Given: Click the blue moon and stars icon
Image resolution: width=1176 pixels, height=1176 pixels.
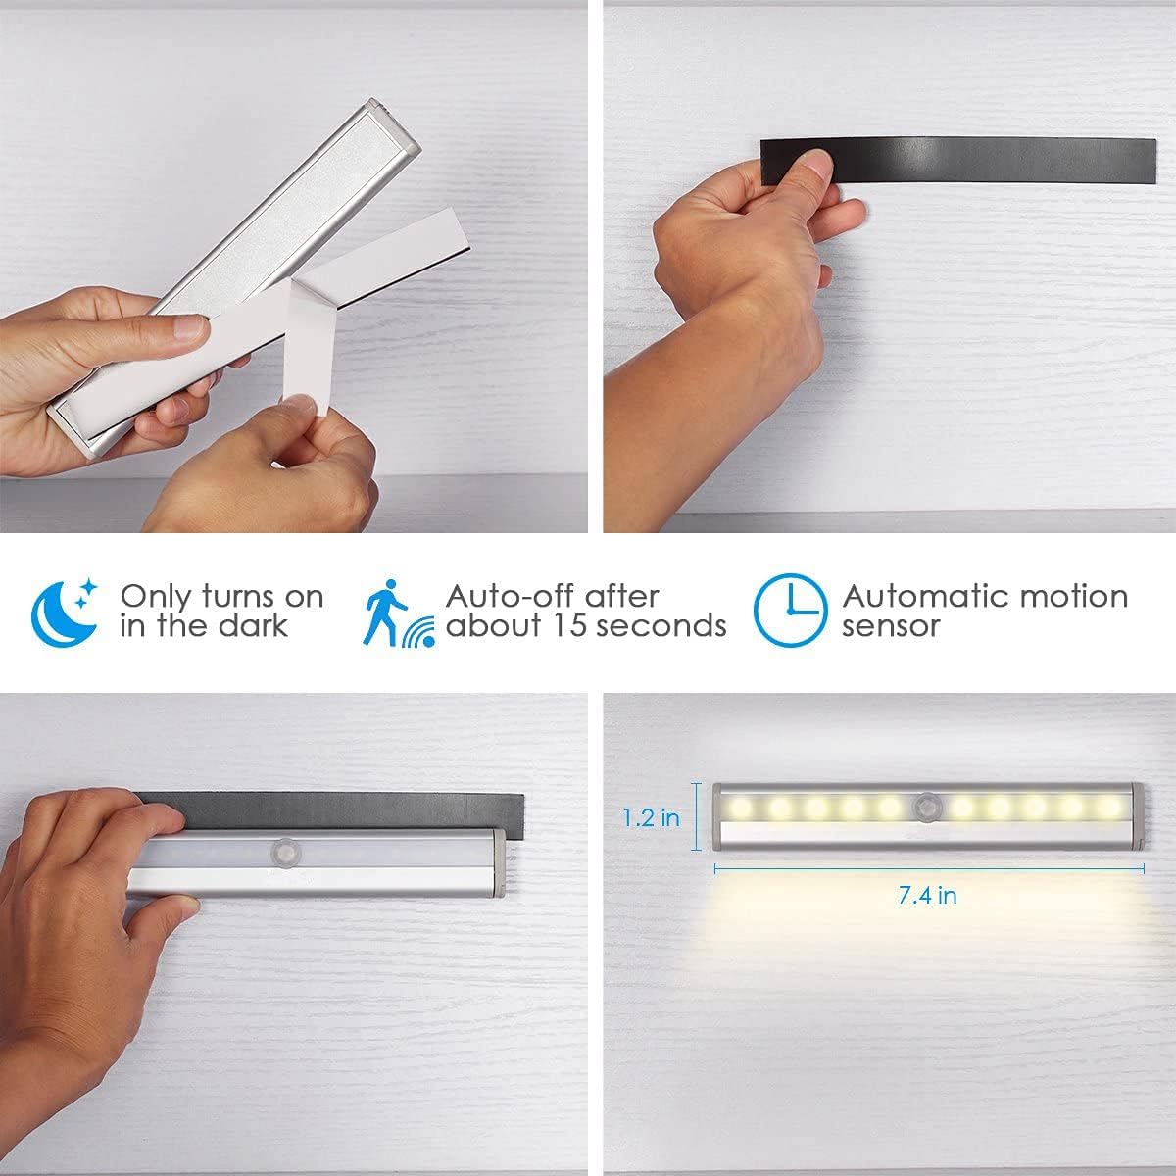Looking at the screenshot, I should click(x=66, y=612).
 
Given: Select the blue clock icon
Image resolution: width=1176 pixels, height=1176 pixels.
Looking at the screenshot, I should click(x=790, y=611).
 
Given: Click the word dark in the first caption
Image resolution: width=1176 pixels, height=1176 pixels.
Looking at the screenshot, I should click(x=253, y=626).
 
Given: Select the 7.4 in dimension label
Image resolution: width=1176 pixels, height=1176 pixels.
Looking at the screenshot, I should click(x=929, y=895).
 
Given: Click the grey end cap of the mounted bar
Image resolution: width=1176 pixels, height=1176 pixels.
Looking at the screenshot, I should click(x=498, y=862).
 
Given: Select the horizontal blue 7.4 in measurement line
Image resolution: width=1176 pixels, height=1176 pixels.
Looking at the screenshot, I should click(x=929, y=867).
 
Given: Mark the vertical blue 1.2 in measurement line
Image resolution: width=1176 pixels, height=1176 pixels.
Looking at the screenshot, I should click(x=697, y=815).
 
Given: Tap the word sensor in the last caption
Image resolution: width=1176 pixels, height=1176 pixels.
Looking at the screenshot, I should click(x=890, y=626).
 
